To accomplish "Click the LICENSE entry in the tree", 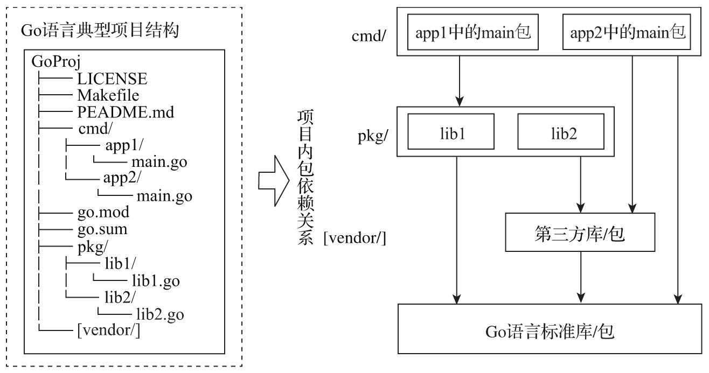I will (x=112, y=79).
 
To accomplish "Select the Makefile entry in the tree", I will (x=108, y=96).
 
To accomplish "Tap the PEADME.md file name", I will (x=126, y=113).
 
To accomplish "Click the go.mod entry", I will (x=103, y=212).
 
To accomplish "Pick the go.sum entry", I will (x=102, y=229).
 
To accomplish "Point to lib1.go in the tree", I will (x=155, y=280).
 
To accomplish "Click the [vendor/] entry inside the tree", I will (x=109, y=330).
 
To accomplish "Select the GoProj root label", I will (x=56, y=61).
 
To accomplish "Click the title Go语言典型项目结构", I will (x=100, y=31).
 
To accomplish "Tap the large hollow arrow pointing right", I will (x=274, y=180).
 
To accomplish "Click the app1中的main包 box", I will (x=473, y=33).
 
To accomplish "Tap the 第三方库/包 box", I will (x=580, y=232).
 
